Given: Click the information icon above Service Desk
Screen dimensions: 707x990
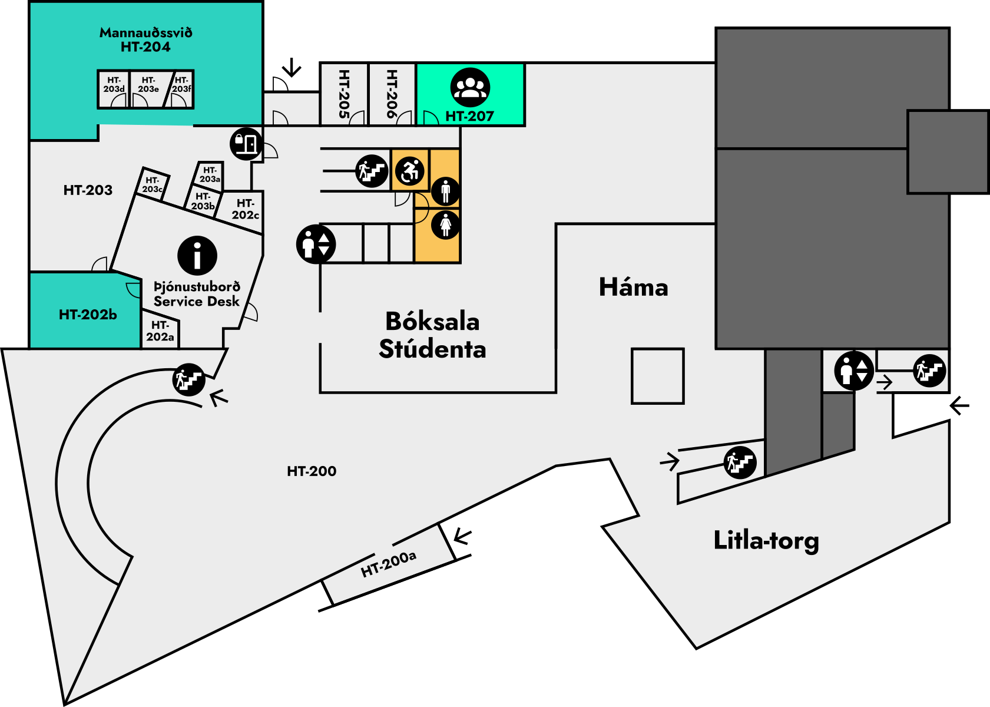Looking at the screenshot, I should tap(197, 256).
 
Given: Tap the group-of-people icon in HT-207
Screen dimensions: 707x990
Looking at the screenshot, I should tap(470, 88).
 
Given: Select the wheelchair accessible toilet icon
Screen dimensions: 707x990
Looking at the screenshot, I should tap(410, 171).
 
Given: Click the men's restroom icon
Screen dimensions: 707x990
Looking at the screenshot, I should tap(445, 191).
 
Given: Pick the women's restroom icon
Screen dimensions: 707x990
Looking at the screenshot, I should tap(445, 224).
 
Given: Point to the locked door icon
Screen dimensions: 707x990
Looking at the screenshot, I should tap(246, 143).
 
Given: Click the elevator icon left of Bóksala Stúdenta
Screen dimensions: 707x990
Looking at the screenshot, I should tap(316, 244).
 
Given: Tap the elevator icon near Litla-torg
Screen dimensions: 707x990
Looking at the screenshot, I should tap(853, 371).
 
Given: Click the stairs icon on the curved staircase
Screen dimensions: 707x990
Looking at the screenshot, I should tap(188, 379).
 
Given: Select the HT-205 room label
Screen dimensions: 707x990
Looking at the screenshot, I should tap(345, 94).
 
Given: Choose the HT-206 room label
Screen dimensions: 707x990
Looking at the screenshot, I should tap(392, 94).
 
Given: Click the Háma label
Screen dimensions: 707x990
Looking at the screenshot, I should tap(634, 288).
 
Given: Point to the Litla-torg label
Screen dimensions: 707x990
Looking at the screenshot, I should tap(766, 540).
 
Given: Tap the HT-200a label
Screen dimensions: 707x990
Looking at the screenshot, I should tap(389, 564).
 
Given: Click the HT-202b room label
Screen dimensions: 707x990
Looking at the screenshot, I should tap(88, 315).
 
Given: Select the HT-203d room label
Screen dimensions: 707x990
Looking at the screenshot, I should tap(114, 85).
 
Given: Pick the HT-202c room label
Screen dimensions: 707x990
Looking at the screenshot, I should tap(245, 209).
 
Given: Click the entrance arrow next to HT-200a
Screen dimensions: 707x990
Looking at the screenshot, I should tap(462, 537).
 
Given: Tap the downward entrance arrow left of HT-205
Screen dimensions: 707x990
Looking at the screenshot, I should tap(291, 68).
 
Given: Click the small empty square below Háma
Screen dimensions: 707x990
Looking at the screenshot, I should tap(657, 376).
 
